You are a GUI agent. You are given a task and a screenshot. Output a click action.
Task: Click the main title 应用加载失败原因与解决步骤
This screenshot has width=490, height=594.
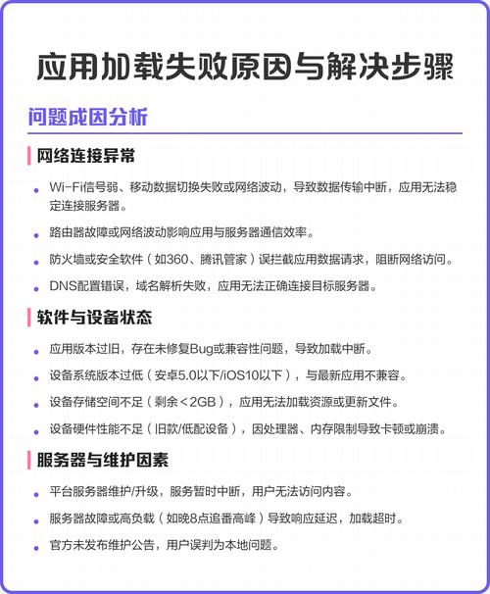coord(245,67)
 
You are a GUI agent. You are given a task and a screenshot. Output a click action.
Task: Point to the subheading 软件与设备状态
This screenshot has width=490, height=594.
coord(94,319)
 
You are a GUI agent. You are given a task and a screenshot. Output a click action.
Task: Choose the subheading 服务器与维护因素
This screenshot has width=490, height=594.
coord(102,459)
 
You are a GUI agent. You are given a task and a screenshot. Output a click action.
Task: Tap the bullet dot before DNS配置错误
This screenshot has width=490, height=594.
coord(35,287)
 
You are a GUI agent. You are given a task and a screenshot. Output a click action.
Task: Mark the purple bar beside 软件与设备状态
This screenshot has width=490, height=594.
coord(30,319)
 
